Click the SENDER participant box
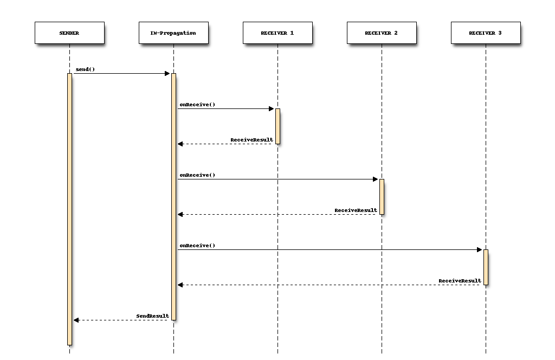pos(69,33)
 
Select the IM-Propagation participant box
pos(173,33)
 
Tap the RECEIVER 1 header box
pos(277,33)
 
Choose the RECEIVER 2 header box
pos(382,33)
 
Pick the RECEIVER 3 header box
pos(486,33)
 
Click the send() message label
pos(85,69)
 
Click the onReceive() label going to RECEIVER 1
pos(197,105)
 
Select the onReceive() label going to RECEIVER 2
pos(197,175)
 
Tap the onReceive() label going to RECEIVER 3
pos(197,245)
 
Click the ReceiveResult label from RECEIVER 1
pos(251,140)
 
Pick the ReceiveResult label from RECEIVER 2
pos(356,210)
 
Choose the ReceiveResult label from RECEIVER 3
pos(460,281)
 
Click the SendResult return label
pos(152,316)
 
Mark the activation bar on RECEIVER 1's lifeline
pos(278,126)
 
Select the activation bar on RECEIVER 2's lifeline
pos(382,196)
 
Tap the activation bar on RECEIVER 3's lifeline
pos(486,267)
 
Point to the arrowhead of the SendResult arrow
pos(76,320)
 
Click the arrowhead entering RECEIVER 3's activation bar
pos(480,249)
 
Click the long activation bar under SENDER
pos(70,209)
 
